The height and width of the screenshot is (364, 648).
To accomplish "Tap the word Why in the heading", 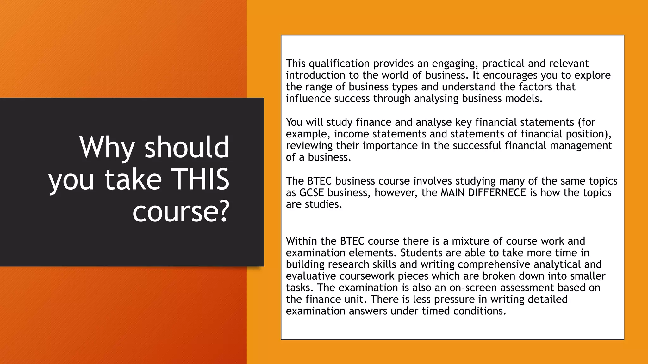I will point(107,147).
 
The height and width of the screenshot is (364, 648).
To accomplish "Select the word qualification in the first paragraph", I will point(339,64).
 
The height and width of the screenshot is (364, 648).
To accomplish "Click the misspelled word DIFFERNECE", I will point(497,193).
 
